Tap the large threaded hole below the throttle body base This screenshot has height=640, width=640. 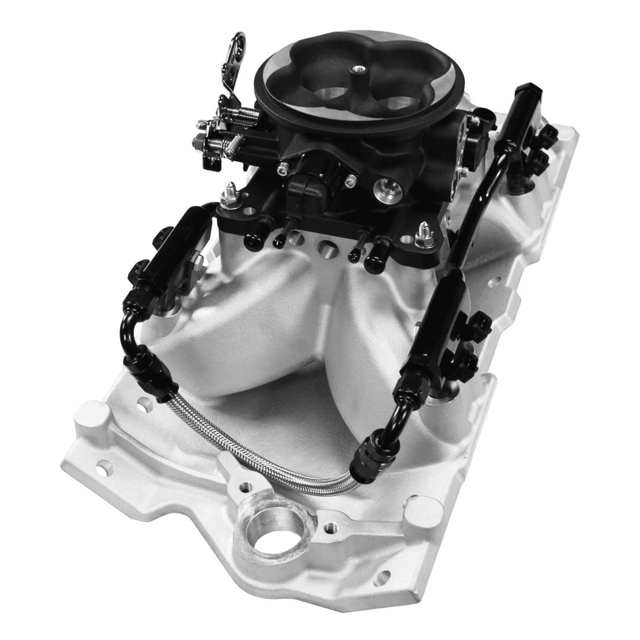coord(327,246)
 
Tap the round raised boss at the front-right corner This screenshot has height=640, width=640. coord(426,509)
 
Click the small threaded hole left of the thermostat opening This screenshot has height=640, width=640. coord(242,488)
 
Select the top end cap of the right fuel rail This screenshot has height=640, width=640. coord(527,92)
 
